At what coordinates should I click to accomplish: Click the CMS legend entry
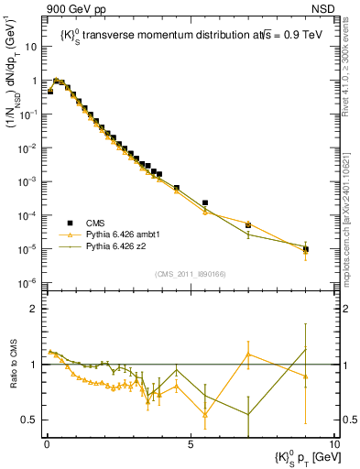[95, 223]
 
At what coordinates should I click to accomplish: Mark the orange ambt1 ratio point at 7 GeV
[248, 354]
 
